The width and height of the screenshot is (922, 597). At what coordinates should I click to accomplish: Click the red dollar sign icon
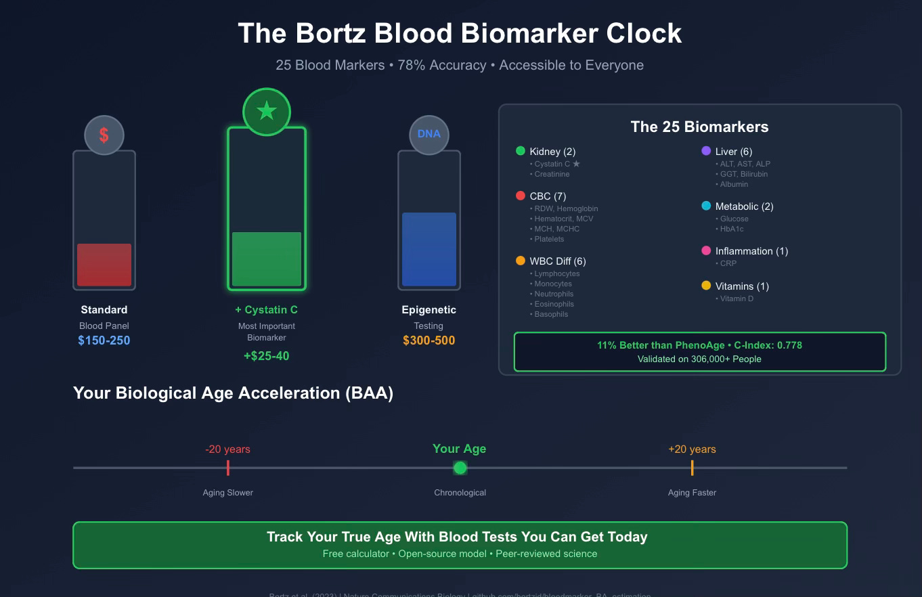(x=104, y=135)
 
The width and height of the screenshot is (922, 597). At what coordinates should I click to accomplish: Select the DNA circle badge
(x=429, y=134)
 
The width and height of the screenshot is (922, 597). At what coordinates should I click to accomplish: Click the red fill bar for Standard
(x=104, y=265)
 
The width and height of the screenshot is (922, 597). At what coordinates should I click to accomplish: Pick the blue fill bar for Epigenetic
(x=429, y=249)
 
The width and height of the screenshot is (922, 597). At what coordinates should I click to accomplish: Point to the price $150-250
(x=104, y=340)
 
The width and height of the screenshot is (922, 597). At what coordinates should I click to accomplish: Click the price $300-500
(x=429, y=340)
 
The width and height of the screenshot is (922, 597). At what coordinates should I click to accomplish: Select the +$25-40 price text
(x=266, y=356)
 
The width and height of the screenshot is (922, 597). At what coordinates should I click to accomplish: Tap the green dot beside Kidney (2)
(x=521, y=151)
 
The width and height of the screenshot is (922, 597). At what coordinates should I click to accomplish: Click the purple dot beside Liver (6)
(x=706, y=151)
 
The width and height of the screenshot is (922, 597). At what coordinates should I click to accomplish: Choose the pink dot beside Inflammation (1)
(x=706, y=251)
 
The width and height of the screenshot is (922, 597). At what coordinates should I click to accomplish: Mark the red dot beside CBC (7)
(x=521, y=196)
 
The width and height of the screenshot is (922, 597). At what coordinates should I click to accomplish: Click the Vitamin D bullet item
(x=735, y=298)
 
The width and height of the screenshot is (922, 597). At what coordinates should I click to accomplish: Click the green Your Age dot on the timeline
(x=460, y=468)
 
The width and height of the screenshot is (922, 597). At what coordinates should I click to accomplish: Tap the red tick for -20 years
(x=228, y=468)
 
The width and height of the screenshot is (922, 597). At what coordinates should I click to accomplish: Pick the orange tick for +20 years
(x=692, y=468)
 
